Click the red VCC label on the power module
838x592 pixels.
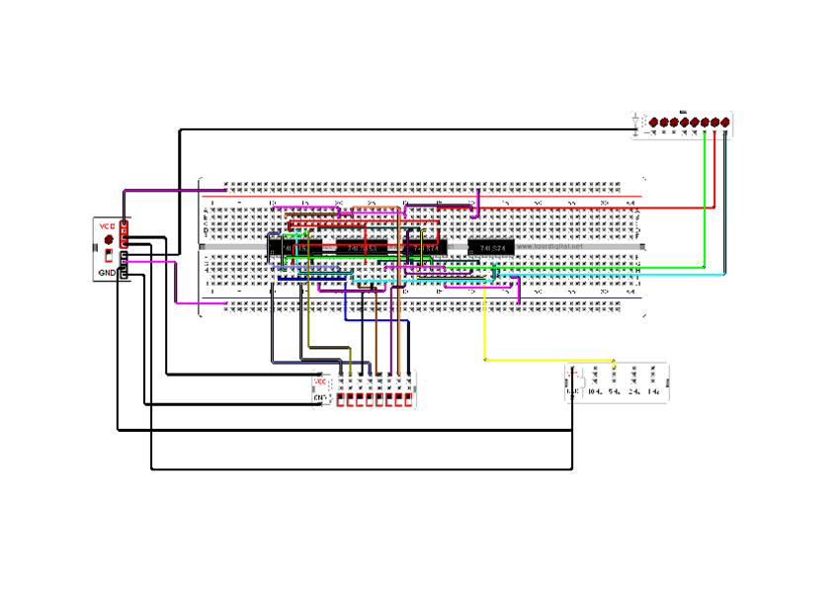coord(107,226)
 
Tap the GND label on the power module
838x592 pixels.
coord(107,272)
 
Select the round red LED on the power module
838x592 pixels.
coord(108,240)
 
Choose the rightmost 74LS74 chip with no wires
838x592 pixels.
coord(490,246)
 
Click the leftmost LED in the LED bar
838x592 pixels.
coord(654,123)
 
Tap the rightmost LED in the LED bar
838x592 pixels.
coord(725,123)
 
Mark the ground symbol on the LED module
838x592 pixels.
coord(636,124)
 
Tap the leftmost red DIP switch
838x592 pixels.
coord(341,400)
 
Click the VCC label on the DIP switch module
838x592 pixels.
coord(320,381)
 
